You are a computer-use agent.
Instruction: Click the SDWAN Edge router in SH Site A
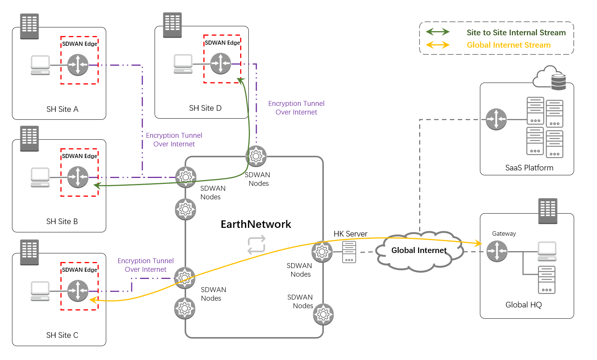78,65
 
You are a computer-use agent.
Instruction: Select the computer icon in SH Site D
183,64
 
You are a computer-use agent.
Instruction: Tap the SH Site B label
62,221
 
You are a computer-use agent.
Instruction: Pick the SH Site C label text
62,335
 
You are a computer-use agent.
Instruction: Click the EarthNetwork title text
256,224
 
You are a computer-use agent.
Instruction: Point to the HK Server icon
349,252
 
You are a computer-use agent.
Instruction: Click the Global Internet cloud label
419,250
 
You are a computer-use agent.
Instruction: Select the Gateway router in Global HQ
497,251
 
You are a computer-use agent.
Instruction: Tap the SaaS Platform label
529,168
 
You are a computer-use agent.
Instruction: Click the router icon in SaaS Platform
496,119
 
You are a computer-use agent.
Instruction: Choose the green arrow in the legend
438,32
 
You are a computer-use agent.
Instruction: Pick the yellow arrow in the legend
438,45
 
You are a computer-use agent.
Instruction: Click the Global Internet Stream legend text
508,45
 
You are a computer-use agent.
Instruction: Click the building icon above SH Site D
172,25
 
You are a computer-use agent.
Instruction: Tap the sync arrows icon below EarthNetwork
257,245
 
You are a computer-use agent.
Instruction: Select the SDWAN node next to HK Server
322,252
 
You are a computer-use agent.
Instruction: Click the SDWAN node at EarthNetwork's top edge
256,156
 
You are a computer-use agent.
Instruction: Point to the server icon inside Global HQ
547,280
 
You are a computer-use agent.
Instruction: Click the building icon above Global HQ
548,211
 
